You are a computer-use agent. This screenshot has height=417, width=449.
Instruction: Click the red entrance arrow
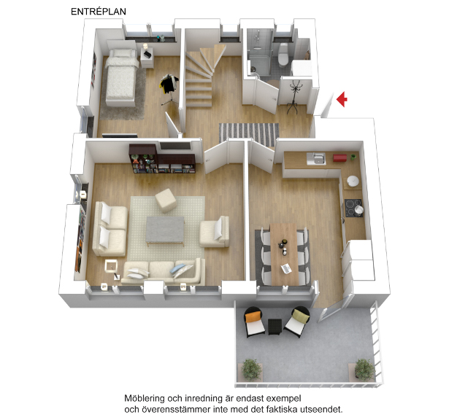click(342, 99)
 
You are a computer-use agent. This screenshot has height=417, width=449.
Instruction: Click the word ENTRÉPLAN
click(99, 12)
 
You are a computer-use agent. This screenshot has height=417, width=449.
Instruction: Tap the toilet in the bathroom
click(283, 54)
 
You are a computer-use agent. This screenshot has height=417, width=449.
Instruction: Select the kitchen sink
click(316, 159)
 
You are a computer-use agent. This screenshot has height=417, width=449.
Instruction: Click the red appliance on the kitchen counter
click(340, 158)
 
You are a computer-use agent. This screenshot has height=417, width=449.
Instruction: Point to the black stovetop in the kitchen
click(353, 208)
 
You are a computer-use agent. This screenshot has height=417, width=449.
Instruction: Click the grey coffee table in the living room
click(165, 230)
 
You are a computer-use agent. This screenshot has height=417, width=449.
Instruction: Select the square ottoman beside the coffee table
click(166, 200)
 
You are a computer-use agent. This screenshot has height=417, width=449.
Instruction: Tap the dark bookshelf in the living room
click(162, 159)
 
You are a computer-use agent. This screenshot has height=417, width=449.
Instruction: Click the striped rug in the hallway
click(249, 133)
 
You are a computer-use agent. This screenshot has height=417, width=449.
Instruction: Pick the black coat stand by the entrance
click(293, 97)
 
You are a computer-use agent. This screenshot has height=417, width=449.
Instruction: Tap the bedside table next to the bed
click(147, 58)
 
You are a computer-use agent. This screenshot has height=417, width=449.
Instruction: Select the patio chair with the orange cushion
click(254, 321)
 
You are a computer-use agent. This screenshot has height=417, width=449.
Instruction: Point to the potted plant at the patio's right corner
click(364, 370)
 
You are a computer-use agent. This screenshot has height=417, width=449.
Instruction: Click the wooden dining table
click(284, 254)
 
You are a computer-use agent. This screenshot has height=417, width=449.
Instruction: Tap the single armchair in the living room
click(215, 232)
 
